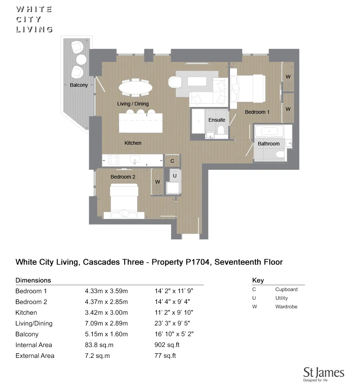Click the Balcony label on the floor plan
coord(78,85)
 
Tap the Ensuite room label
coord(217,120)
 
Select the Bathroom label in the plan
coord(269,144)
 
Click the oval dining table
coord(135,87)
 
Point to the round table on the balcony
coord(81,59)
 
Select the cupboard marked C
coord(172,161)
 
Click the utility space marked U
coord(175,176)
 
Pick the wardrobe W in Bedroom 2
coord(157,182)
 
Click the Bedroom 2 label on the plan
coord(123,177)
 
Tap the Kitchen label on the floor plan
coord(133,143)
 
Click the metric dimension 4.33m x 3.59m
coord(106,291)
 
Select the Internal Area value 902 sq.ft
coord(167,345)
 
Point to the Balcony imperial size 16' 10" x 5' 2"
coord(174,334)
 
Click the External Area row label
coord(35,356)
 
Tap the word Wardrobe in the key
coord(286,307)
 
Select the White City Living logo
coord(34,19)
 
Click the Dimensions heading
coord(33,280)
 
